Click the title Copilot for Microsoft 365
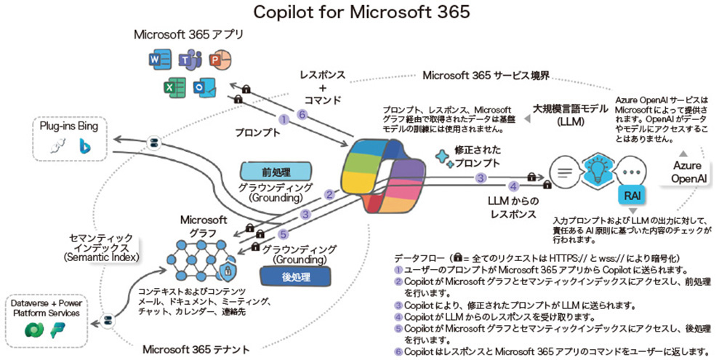click(x=361, y=12)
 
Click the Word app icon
click(x=159, y=60)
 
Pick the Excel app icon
click(x=173, y=87)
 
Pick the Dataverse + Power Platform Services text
click(x=49, y=308)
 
